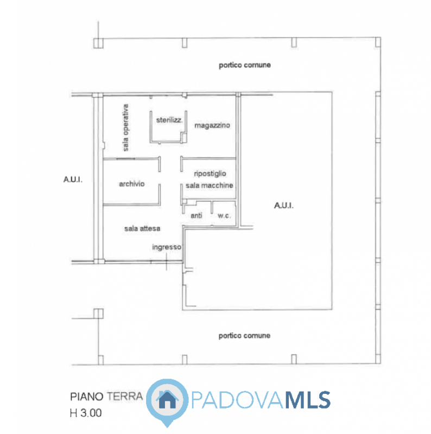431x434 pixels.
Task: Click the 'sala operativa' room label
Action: [x=125, y=127]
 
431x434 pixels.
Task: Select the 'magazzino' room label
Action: [x=212, y=125]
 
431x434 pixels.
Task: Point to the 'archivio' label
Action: [x=131, y=184]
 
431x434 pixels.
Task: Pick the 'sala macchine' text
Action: [x=209, y=186]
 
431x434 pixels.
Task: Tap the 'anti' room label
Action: [x=196, y=216]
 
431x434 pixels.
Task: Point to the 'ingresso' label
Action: [x=166, y=247]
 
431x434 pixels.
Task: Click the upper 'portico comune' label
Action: [x=244, y=65]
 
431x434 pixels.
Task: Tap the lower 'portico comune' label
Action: [x=244, y=336]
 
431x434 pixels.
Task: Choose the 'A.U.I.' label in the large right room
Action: [x=283, y=206]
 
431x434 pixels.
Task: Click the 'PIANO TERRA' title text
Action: [x=106, y=397]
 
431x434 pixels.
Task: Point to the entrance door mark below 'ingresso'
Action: [x=167, y=263]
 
